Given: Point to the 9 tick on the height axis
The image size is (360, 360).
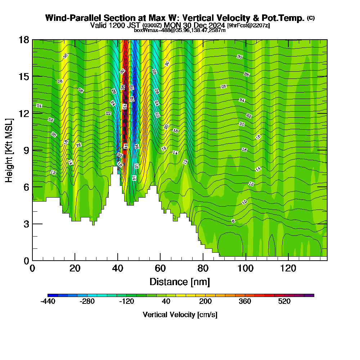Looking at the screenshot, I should click(33, 150).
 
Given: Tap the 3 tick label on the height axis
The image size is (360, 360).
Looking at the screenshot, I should click(26, 224).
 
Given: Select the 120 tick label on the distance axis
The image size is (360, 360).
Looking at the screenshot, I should click(288, 269).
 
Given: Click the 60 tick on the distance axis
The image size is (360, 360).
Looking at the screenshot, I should click(160, 260).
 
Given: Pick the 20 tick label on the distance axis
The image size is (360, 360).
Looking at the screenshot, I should click(75, 269).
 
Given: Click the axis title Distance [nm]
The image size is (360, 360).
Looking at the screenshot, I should click(180, 282).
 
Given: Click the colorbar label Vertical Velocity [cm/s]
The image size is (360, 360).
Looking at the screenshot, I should click(180, 315).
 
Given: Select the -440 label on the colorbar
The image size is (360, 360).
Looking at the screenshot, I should click(48, 302).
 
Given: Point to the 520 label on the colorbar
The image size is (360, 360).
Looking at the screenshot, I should click(284, 302).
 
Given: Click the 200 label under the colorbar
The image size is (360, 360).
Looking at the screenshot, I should click(206, 302).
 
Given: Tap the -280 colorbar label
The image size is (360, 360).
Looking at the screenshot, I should click(87, 302).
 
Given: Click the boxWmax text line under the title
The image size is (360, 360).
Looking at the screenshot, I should click(180, 30).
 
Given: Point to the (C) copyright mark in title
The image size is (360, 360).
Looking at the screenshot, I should click(311, 18).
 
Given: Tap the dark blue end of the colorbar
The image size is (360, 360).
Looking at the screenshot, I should click(50, 295).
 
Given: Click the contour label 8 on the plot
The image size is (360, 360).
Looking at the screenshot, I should click(233, 221).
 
